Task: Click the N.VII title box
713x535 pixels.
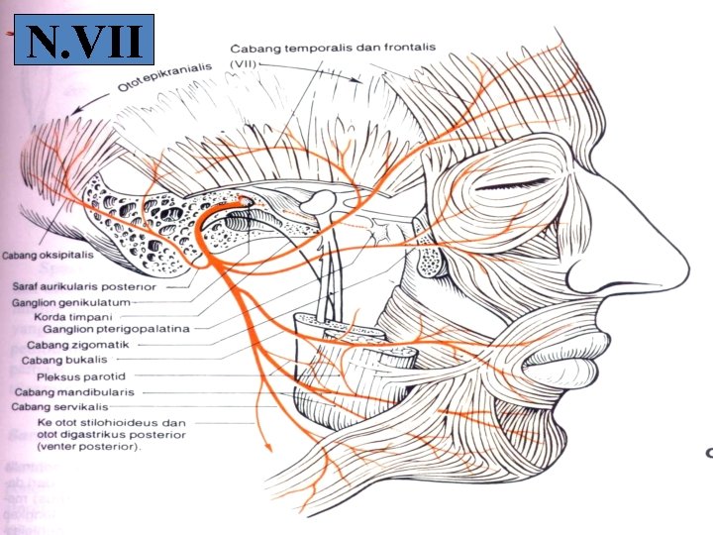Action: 84,41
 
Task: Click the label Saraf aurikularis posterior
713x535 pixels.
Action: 90,286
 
